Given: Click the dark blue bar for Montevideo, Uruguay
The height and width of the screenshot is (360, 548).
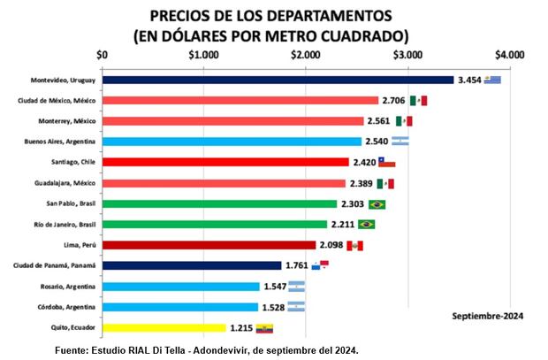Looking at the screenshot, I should point(278,80).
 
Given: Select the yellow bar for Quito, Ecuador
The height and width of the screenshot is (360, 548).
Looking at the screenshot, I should point(164,327).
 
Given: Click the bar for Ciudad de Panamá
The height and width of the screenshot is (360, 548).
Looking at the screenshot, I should point(192,265).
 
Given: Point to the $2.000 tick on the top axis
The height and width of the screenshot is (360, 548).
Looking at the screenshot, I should point(306,54).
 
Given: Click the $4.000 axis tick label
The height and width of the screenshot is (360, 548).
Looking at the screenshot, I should point(510,54).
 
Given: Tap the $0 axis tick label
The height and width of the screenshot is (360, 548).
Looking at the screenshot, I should point(103,54).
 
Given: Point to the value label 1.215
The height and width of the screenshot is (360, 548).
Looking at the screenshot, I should point(241,327).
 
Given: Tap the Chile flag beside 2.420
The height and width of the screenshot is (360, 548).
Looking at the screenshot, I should point(386,162).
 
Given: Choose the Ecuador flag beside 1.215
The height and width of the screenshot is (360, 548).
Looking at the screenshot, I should point(264,328).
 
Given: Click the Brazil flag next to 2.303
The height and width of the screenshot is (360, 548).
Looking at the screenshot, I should point(376,203).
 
